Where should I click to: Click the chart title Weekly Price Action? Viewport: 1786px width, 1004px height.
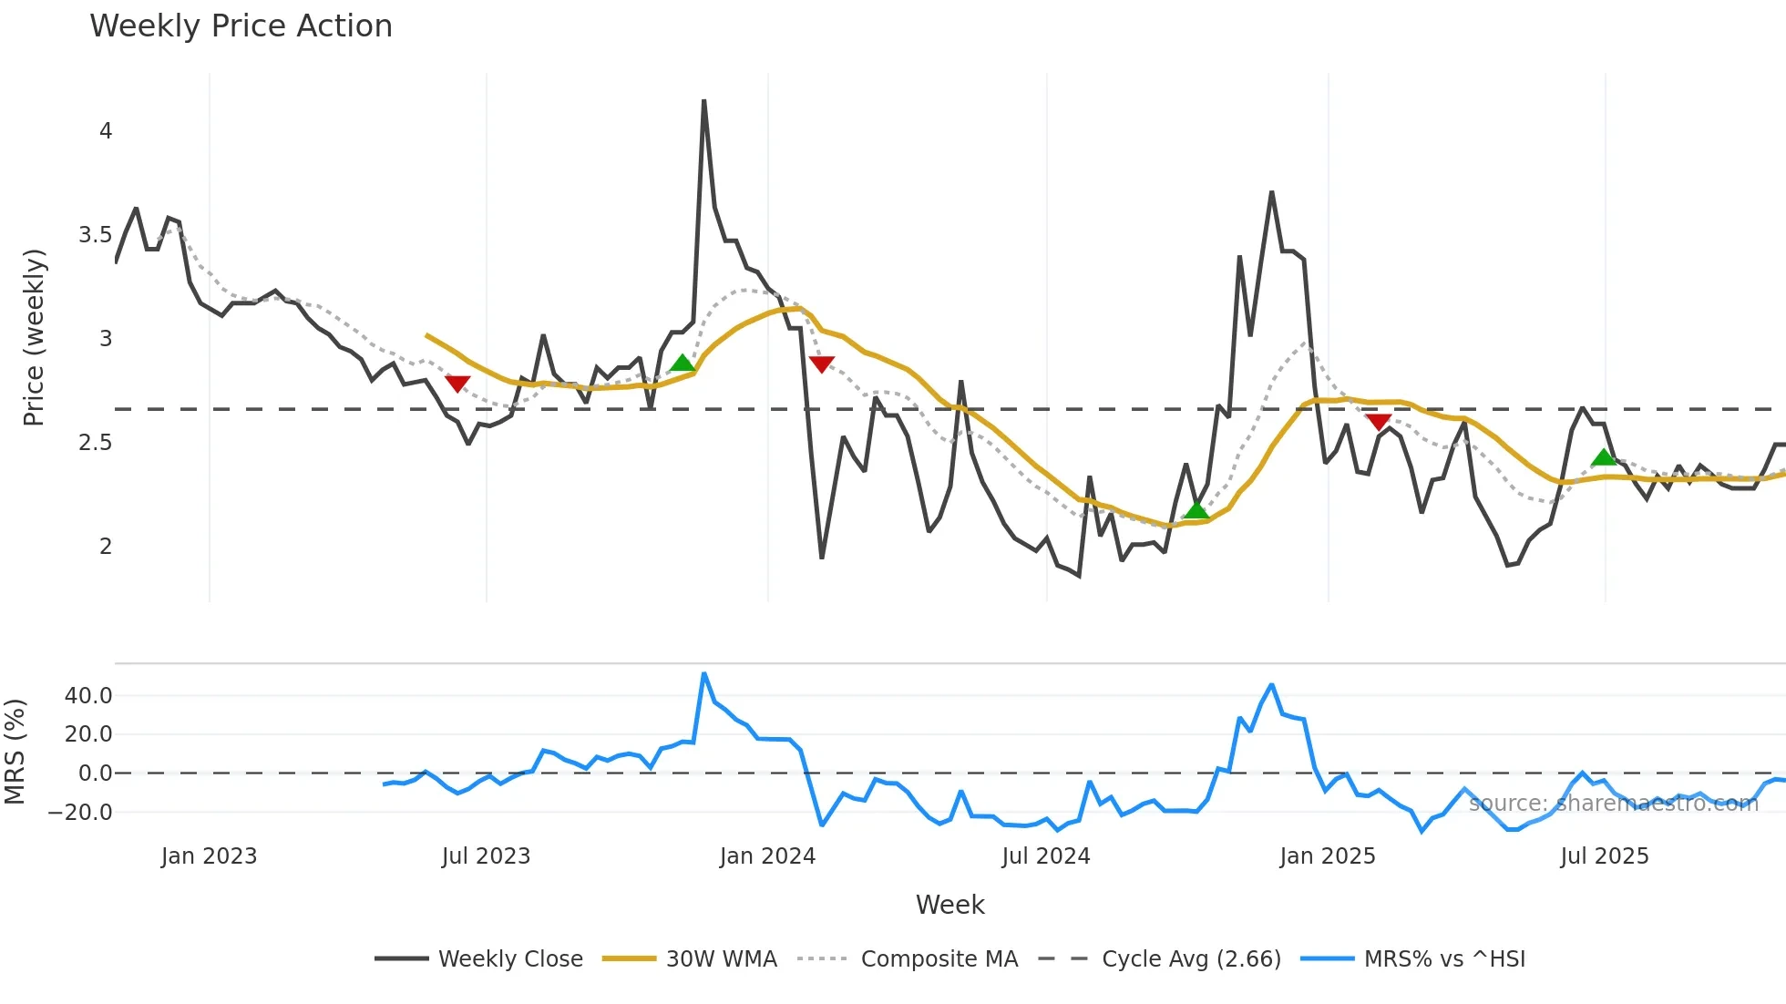241,26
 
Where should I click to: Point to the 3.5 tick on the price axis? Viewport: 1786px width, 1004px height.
95,235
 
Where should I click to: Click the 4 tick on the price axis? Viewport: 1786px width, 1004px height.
106,131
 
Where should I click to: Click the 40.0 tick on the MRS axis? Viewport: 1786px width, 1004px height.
88,696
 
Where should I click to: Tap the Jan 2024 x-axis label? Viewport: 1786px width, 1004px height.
767,856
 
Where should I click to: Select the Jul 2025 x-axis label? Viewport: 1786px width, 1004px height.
1604,856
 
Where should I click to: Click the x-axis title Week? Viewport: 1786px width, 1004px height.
949,905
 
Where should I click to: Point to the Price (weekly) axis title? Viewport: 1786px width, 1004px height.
34,337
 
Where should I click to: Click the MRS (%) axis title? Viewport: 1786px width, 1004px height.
15,752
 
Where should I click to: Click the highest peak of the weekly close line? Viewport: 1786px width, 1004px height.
703,101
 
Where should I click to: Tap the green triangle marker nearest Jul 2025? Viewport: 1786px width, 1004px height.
1604,457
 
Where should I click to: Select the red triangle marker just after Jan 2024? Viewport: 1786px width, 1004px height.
821,364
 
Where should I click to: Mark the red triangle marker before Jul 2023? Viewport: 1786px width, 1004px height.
457,384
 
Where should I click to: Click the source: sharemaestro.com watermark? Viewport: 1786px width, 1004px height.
1613,804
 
